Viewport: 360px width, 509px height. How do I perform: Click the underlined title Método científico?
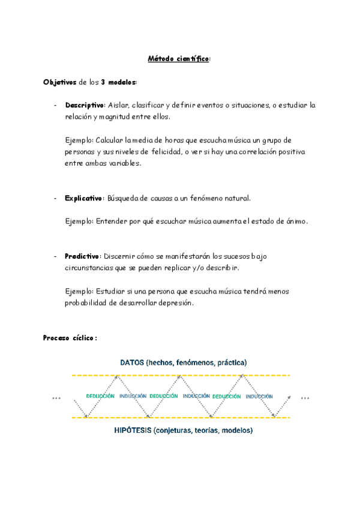[179, 58]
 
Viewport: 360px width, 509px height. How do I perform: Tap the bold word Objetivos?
[59, 82]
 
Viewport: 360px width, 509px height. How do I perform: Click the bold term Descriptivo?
[85, 105]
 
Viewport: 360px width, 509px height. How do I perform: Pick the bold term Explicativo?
[84, 198]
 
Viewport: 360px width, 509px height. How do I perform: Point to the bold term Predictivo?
[82, 256]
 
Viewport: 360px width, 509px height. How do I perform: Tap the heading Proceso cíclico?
[70, 338]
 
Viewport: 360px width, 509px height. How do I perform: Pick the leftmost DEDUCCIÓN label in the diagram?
[101, 396]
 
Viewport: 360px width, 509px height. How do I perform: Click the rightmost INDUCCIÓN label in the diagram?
[259, 396]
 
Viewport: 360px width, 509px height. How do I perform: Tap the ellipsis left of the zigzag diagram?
[56, 397]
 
